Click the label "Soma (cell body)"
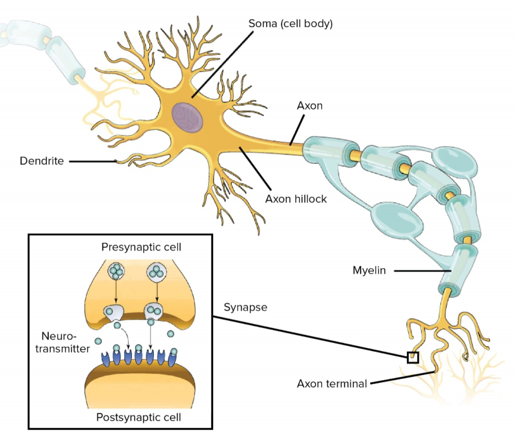(290, 24)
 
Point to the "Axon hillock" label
(296, 199)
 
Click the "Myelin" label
(368, 271)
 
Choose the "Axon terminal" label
(332, 384)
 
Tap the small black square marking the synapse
(413, 357)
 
